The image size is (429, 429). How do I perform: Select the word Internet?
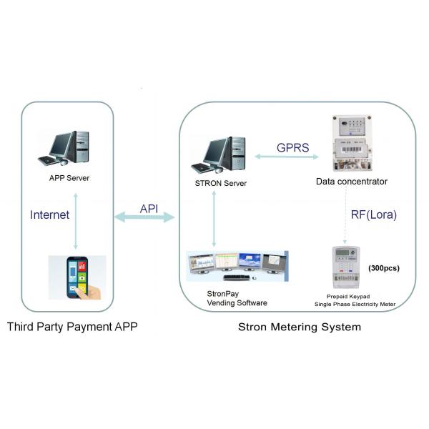coord(50,214)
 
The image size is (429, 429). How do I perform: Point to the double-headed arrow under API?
coord(144,217)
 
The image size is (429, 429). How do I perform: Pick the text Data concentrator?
coord(352,182)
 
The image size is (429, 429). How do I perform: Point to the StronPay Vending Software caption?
coord(237,297)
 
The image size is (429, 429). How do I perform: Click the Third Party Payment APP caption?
coord(71,327)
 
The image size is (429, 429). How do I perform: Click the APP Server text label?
coord(69,177)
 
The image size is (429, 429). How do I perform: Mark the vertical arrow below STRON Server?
coord(213,219)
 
